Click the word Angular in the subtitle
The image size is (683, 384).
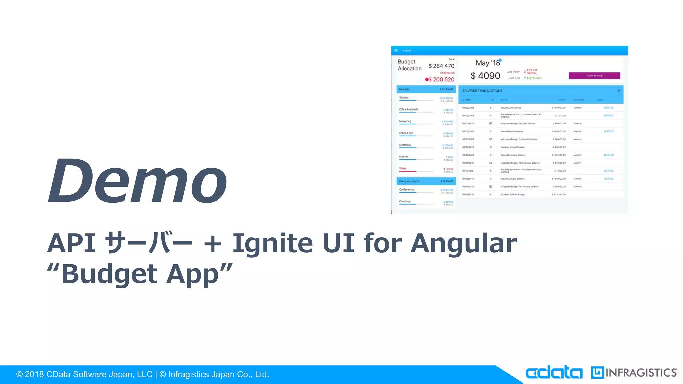[463, 243]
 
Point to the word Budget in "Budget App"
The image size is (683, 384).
[109, 274]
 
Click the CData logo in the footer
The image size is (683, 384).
[554, 372]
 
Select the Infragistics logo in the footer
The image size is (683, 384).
[634, 372]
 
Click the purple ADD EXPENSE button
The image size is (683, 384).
[594, 76]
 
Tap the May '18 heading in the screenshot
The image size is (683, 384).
[488, 63]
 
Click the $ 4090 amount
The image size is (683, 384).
[485, 76]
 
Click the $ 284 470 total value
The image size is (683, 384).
[441, 66]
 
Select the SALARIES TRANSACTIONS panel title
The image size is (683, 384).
[482, 91]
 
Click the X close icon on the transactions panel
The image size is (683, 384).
[619, 91]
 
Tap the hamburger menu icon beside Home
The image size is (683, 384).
[396, 51]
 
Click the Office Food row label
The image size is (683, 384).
[406, 133]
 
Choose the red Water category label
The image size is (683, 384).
[403, 169]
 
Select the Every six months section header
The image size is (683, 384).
[409, 181]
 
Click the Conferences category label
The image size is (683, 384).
[407, 190]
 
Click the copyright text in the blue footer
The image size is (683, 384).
[143, 374]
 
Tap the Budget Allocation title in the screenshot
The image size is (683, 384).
[409, 65]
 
